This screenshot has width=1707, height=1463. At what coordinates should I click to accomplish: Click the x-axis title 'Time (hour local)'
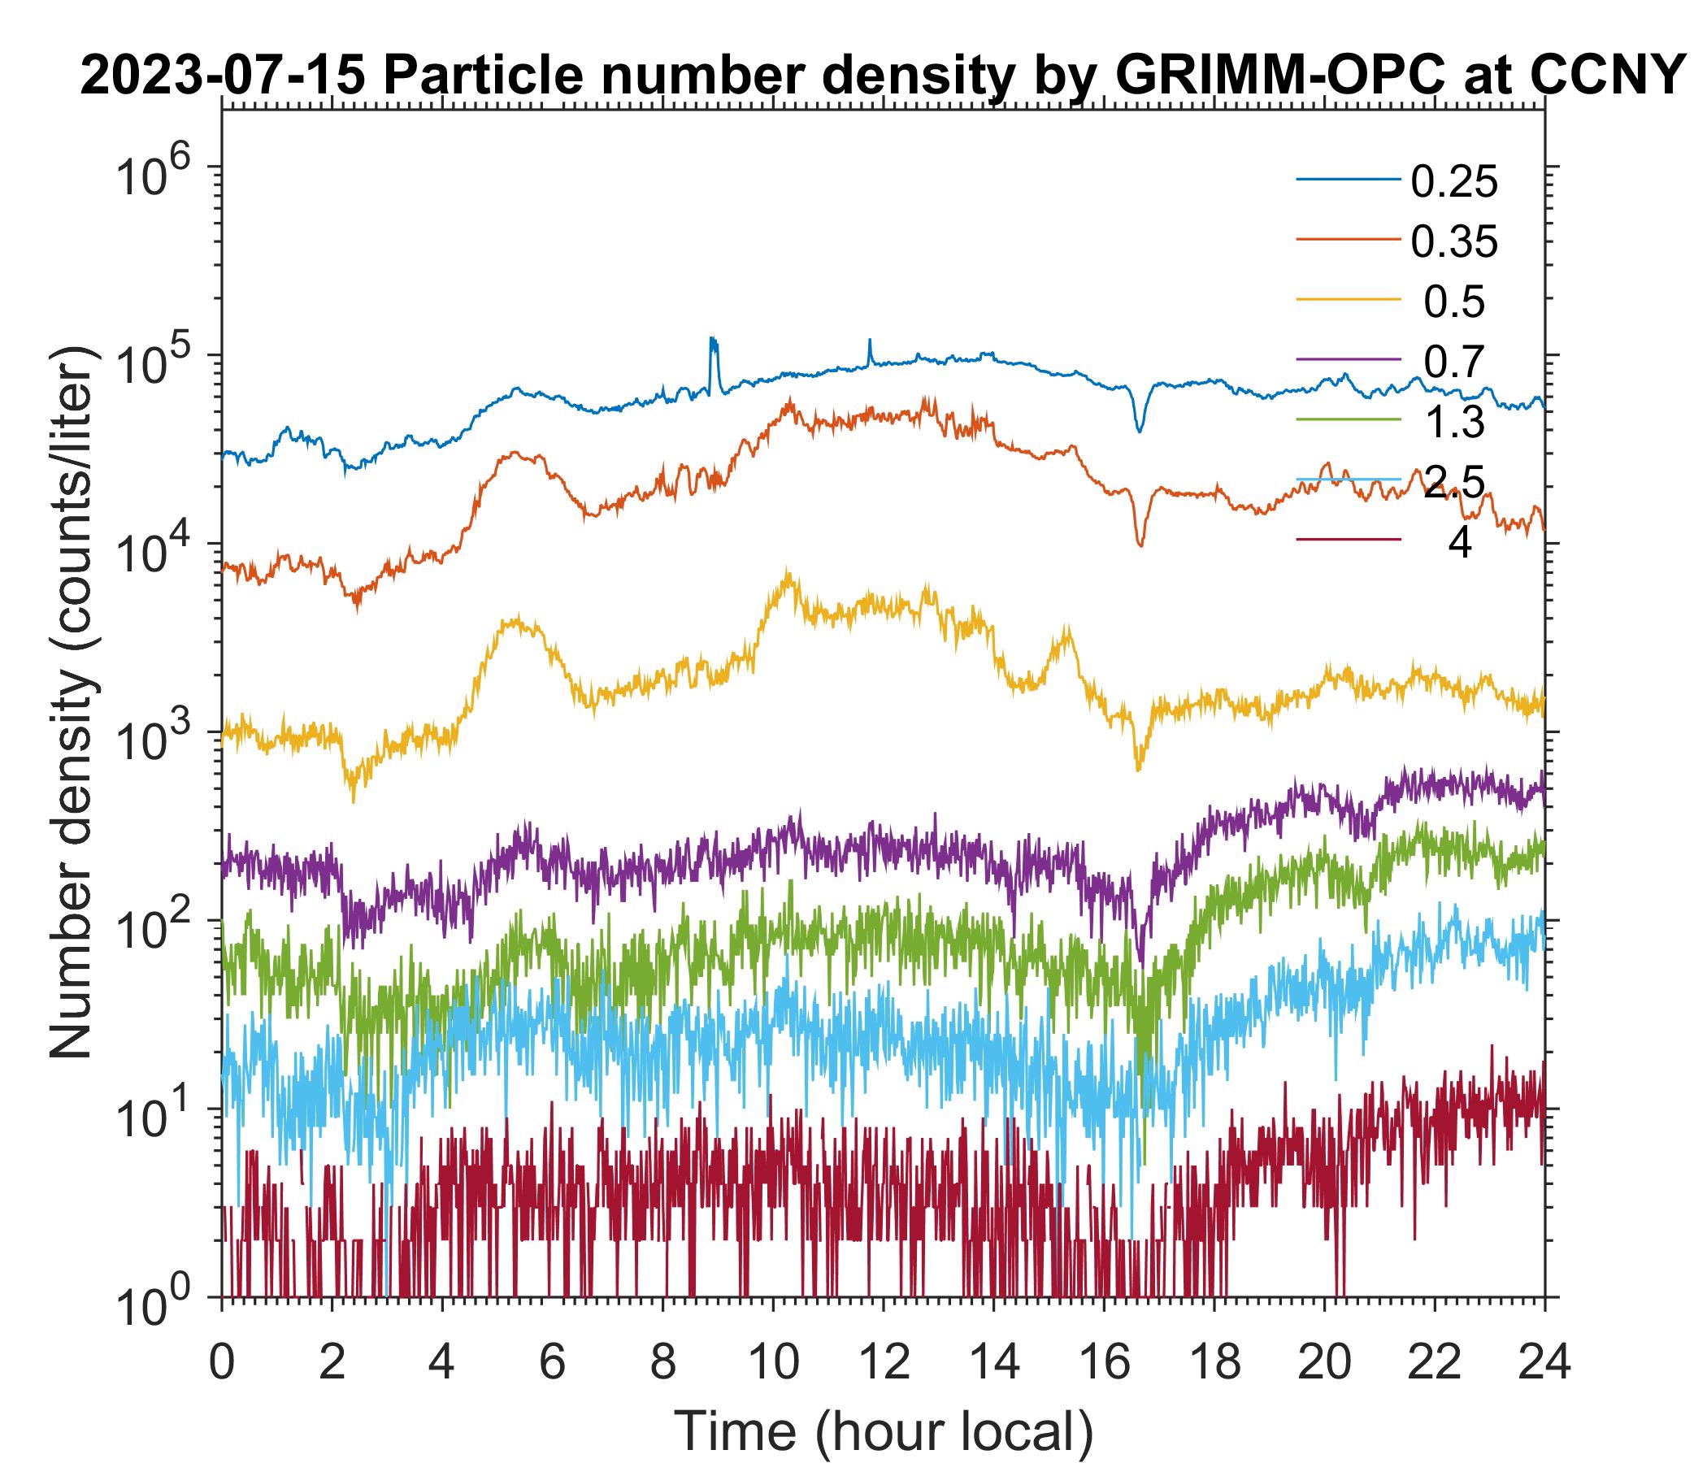click(x=882, y=1430)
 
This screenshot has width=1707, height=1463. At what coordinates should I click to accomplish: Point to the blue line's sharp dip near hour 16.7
click(x=1140, y=429)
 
